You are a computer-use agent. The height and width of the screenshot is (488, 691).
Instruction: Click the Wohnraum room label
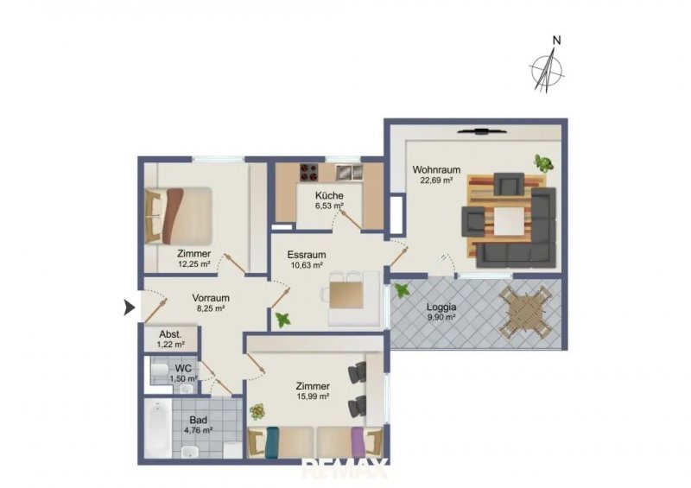click(436, 169)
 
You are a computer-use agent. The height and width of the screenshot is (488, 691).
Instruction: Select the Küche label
click(329, 196)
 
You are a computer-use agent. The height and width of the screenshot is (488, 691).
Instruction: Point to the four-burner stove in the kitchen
click(309, 173)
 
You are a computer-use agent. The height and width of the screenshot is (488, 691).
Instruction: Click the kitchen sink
click(350, 173)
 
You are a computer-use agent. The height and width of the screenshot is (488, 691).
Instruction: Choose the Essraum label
click(307, 255)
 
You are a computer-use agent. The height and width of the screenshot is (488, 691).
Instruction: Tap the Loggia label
click(441, 307)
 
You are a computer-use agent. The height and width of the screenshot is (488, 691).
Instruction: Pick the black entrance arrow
click(129, 307)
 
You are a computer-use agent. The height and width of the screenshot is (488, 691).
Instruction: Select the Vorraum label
click(211, 298)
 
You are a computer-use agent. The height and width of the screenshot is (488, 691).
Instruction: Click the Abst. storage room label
click(170, 334)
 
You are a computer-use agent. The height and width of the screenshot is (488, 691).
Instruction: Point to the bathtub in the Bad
click(158, 430)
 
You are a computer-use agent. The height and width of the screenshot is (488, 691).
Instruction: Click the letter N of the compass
click(557, 41)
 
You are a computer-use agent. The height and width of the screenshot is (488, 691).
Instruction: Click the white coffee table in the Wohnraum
click(510, 222)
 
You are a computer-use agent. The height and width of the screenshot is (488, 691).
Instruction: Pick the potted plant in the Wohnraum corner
click(543, 163)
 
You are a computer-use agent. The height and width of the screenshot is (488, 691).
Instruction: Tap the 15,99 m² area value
click(314, 396)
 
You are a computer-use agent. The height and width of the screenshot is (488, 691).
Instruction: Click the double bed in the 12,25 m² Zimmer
click(179, 216)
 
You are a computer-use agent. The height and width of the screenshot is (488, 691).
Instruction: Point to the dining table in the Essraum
click(347, 295)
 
